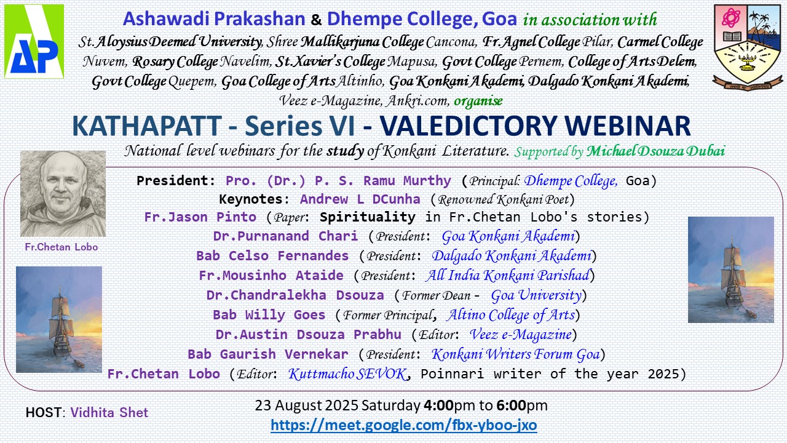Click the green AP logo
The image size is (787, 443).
pyautogui.click(x=34, y=41)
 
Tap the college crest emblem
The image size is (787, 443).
pyautogui.click(x=748, y=47)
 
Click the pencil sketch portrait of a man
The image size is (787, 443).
pyautogui.click(x=63, y=194)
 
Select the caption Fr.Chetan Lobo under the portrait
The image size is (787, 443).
pyautogui.click(x=61, y=247)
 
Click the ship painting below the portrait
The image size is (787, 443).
pyautogui.click(x=59, y=319)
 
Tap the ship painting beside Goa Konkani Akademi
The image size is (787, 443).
pyautogui.click(x=731, y=269)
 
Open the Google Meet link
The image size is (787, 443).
pyautogui.click(x=404, y=425)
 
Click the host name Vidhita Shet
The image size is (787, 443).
pyautogui.click(x=109, y=412)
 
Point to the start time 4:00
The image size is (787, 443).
pyautogui.click(x=438, y=405)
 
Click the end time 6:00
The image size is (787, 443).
pyautogui.click(x=511, y=405)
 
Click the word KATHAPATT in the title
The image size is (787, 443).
pyautogui.click(x=147, y=126)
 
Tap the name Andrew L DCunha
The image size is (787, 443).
pyautogui.click(x=360, y=199)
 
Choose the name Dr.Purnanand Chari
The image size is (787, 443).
pyautogui.click(x=286, y=236)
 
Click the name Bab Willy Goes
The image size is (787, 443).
pyautogui.click(x=269, y=314)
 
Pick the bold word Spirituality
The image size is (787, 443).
pyautogui.click(x=368, y=217)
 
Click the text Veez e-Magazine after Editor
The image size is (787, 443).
pyautogui.click(x=521, y=334)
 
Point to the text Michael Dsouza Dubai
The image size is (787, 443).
pyautogui.click(x=655, y=151)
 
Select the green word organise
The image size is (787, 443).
pyautogui.click(x=478, y=101)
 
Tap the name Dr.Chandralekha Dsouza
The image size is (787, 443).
pyautogui.click(x=295, y=295)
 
